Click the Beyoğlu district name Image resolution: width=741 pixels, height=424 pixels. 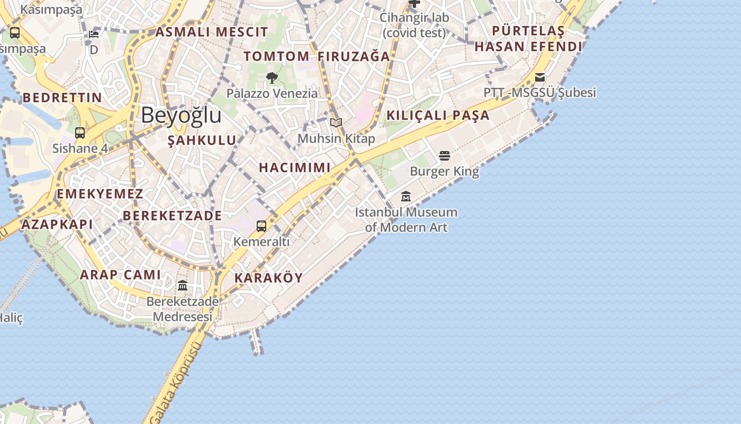[x=181, y=115]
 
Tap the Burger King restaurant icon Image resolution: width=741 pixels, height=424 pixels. [x=444, y=155]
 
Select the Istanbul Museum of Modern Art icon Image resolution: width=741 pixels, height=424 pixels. [x=406, y=196]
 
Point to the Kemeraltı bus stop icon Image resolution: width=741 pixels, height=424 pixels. [x=261, y=226]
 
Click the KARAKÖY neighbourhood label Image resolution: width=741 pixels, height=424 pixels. [x=268, y=278]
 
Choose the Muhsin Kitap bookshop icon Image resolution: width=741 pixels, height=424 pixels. [x=336, y=122]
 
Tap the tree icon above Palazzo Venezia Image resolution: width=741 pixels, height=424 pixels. [x=272, y=78]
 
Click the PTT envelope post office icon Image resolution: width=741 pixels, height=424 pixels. [x=540, y=77]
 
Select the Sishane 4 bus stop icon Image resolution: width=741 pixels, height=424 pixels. [x=80, y=132]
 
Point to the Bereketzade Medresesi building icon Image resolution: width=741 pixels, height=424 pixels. [x=183, y=286]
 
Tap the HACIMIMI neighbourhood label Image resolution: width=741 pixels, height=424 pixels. [x=295, y=167]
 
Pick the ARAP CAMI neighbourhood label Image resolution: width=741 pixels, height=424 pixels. [x=120, y=275]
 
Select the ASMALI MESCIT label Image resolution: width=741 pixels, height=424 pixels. [x=212, y=32]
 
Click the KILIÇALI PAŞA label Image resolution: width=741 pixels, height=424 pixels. [x=438, y=115]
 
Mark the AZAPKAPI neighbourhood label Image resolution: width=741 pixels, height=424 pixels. [x=57, y=224]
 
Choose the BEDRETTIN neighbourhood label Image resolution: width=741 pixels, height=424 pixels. [x=62, y=98]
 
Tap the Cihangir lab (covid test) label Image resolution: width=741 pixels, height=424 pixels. [x=414, y=25]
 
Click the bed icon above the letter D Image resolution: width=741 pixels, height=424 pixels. [x=94, y=34]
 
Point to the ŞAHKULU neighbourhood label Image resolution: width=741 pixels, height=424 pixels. [x=202, y=140]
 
